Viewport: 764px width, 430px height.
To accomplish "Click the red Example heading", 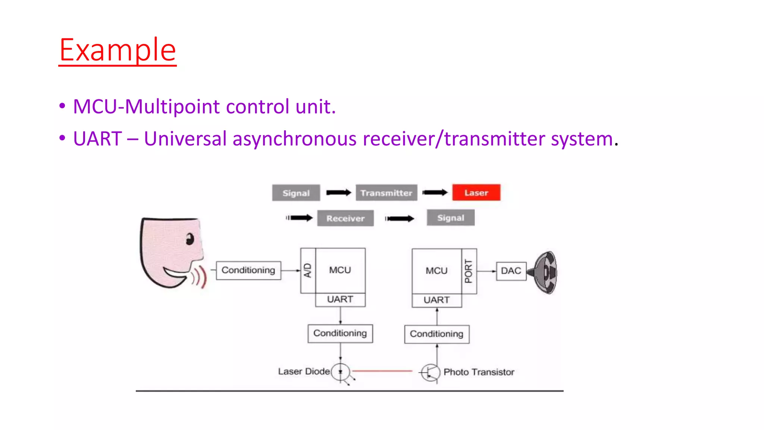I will click(x=118, y=50).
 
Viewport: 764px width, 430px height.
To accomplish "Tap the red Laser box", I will click(x=476, y=193).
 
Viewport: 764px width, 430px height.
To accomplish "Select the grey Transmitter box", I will click(x=386, y=193).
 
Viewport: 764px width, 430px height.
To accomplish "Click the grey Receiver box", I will click(x=345, y=218).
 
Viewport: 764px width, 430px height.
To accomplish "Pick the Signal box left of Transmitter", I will click(x=296, y=193).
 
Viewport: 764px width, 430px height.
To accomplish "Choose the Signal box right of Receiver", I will click(x=451, y=218).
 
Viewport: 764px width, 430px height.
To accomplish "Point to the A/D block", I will click(x=308, y=270).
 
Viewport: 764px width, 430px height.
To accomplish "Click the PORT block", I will click(x=469, y=271).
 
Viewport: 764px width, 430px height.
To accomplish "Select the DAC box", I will click(x=511, y=271).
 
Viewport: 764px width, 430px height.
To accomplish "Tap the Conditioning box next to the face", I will click(x=248, y=270).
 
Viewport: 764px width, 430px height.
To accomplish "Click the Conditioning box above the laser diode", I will click(x=340, y=333).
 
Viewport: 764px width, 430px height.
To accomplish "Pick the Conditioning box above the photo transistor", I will click(x=436, y=334).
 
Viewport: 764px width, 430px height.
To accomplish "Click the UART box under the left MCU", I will click(x=340, y=299).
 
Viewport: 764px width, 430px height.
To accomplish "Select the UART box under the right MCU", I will click(x=436, y=300).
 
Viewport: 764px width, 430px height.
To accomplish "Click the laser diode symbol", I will click(x=340, y=372).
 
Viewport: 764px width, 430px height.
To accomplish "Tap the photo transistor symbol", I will click(x=431, y=372).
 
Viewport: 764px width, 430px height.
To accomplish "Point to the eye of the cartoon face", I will click(x=190, y=239).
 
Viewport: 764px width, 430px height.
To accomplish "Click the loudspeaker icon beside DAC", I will click(x=545, y=272).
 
